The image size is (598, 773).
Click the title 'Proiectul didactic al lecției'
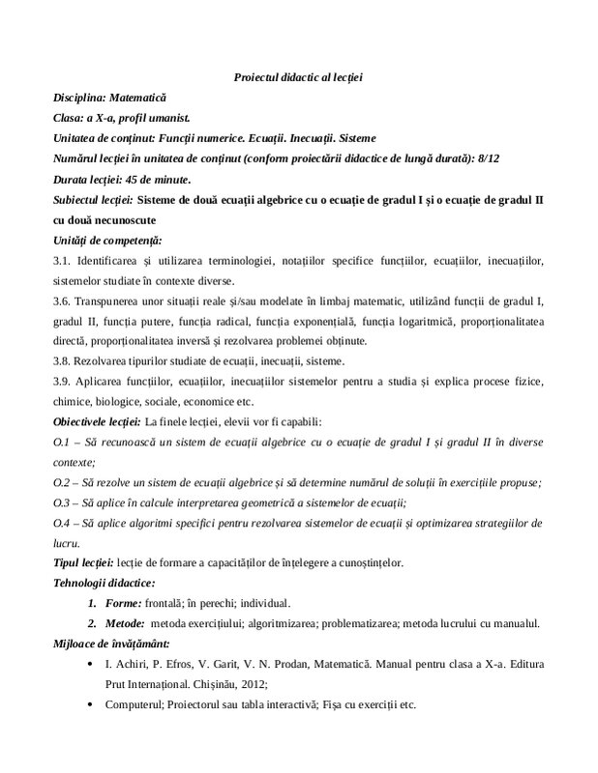[x=298, y=77]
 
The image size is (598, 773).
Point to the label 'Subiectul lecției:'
[x=93, y=200]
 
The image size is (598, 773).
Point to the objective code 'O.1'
[x=63, y=442]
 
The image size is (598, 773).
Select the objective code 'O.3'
[x=63, y=502]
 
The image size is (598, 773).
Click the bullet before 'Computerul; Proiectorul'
[x=90, y=704]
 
